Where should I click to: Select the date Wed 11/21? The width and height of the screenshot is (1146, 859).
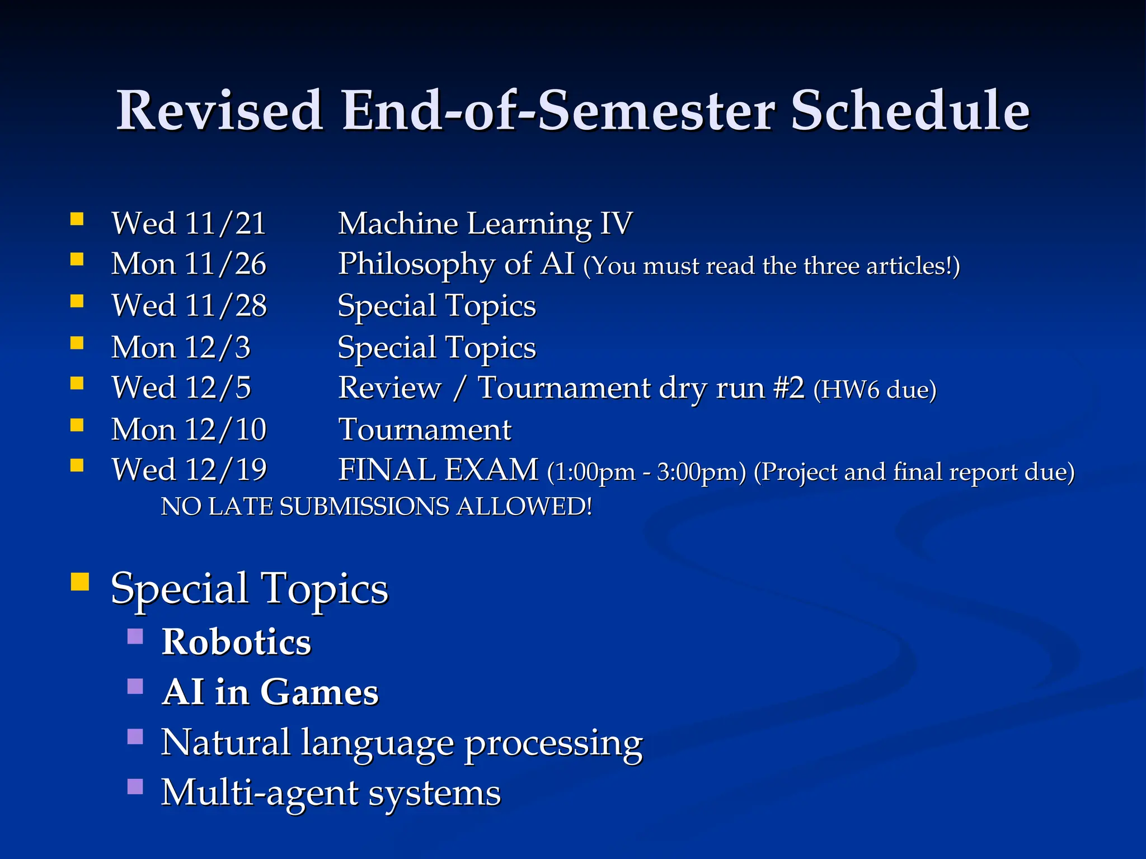[189, 224]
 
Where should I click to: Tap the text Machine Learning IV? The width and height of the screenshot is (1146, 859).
[485, 224]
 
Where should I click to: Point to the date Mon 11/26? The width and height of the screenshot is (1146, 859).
[189, 264]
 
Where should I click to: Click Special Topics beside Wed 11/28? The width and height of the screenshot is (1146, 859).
[436, 306]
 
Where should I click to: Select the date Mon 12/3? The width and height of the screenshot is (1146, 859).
[181, 347]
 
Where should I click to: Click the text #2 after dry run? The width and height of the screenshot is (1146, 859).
[789, 388]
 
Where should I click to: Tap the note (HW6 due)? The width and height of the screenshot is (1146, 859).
[875, 390]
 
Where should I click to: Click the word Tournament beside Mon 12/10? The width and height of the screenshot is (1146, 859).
[425, 429]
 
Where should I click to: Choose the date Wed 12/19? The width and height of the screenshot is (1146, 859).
[189, 470]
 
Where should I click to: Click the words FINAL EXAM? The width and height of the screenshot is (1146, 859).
[438, 470]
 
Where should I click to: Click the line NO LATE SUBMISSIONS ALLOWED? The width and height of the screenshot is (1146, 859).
[376, 507]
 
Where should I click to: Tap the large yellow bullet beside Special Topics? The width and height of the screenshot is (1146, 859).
[80, 582]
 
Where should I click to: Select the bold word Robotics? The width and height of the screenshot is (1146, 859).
[236, 641]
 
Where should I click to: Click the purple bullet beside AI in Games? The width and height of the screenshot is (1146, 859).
[135, 686]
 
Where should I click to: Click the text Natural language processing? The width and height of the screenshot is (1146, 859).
[402, 743]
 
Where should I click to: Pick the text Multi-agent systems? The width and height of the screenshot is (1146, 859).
[331, 793]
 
